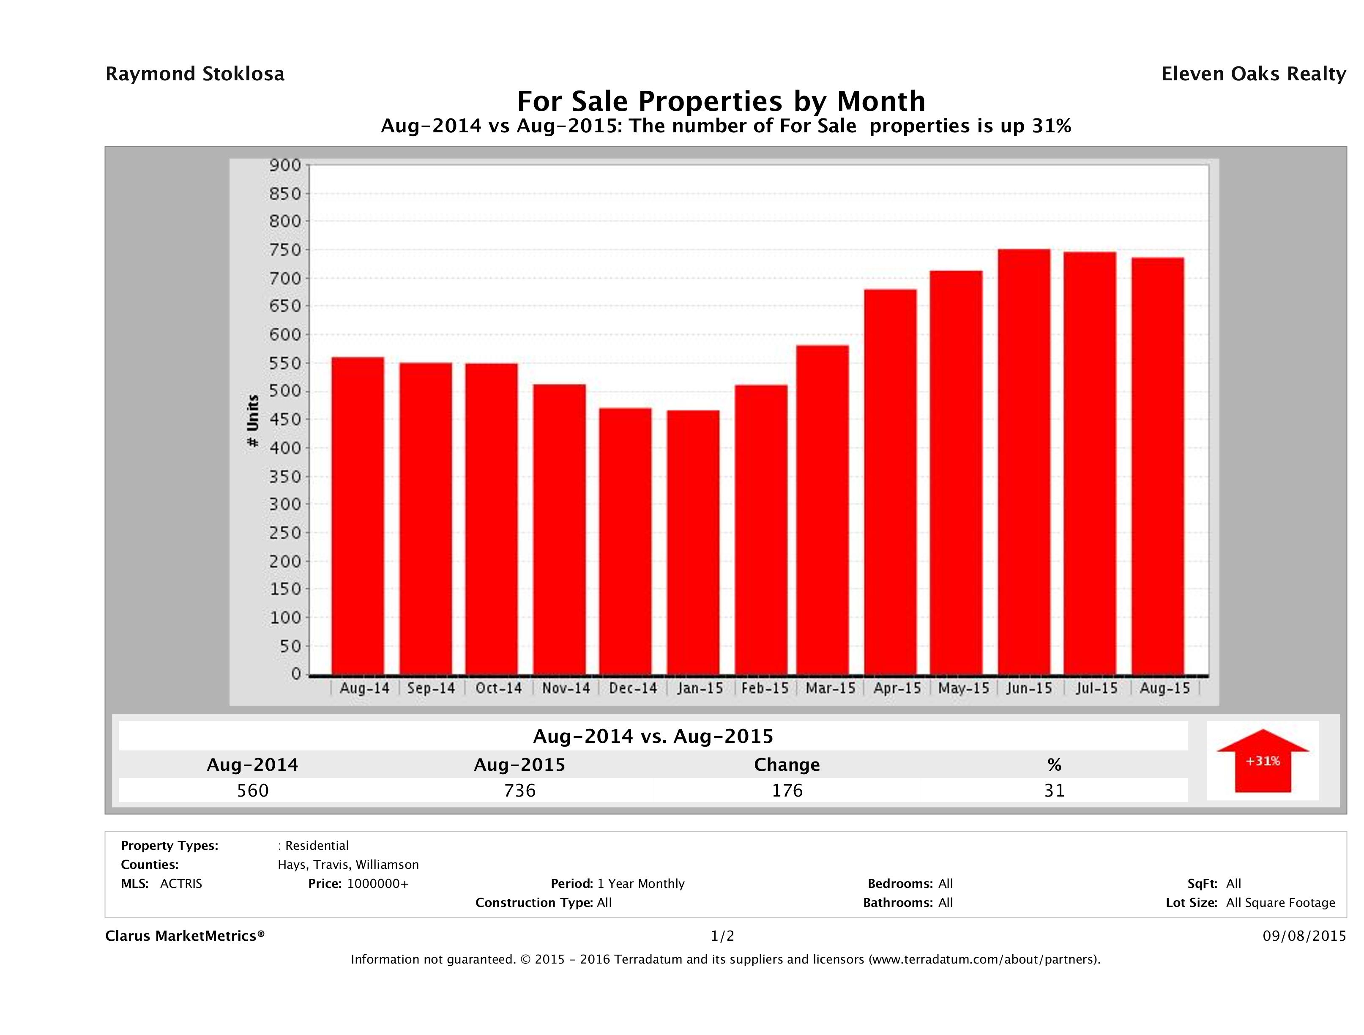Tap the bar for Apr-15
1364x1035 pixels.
tap(891, 482)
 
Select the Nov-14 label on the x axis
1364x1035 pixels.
tap(566, 688)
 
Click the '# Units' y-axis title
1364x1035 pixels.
tap(253, 421)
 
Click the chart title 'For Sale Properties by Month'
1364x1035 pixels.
tap(721, 101)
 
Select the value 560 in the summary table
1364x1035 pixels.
tap(253, 790)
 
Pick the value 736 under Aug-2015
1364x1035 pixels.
tap(520, 790)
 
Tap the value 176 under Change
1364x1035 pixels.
tap(787, 790)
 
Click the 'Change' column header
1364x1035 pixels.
tap(787, 765)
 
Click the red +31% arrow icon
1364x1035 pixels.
tap(1262, 761)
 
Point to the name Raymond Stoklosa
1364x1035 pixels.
tap(195, 74)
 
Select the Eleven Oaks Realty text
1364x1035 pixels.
tap(1253, 74)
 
